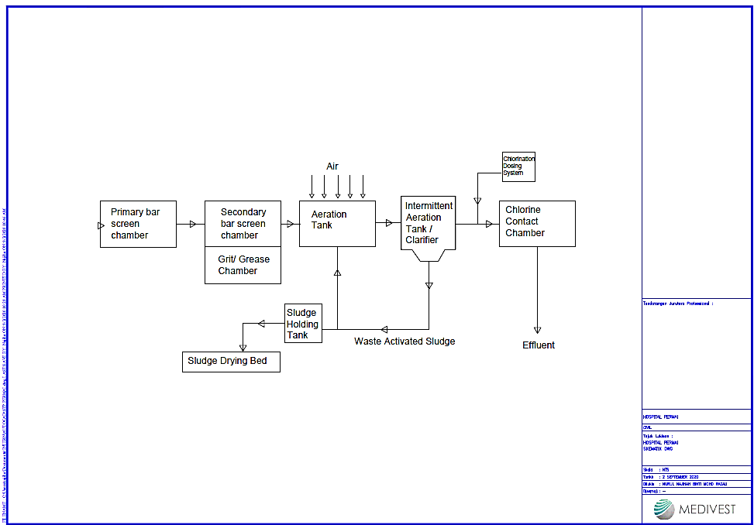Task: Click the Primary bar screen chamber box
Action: click(138, 224)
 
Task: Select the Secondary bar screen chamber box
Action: click(243, 224)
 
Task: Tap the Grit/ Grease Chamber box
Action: click(243, 266)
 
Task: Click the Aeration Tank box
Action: click(337, 224)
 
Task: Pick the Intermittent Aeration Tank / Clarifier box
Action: click(429, 223)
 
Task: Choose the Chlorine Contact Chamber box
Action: click(537, 224)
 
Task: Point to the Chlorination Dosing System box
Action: click(518, 167)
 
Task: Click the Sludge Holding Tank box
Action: click(303, 324)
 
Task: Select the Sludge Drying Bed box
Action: click(231, 362)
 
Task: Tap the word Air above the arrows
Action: click(332, 166)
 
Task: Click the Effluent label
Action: click(539, 345)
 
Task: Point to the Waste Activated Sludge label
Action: click(405, 341)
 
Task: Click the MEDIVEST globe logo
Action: click(664, 509)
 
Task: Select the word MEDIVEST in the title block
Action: click(708, 510)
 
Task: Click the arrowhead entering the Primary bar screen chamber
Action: click(101, 225)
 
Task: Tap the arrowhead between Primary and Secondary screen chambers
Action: click(192, 225)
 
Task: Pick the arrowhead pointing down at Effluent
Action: click(537, 330)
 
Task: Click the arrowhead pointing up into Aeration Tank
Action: click(337, 273)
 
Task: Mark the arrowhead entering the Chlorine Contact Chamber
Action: click(489, 225)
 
